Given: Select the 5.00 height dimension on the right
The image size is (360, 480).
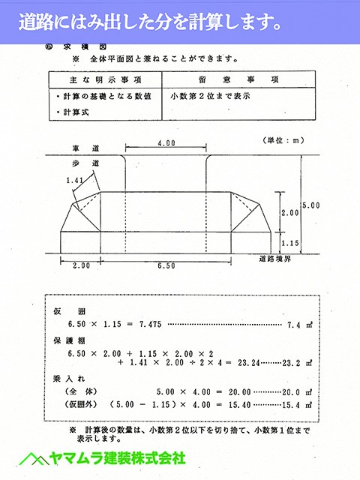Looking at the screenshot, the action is pyautogui.click(x=310, y=204).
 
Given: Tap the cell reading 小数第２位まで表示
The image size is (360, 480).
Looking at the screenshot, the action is pyautogui.click(x=209, y=96).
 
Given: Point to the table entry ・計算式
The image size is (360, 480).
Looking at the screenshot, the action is pyautogui.click(x=74, y=112).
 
